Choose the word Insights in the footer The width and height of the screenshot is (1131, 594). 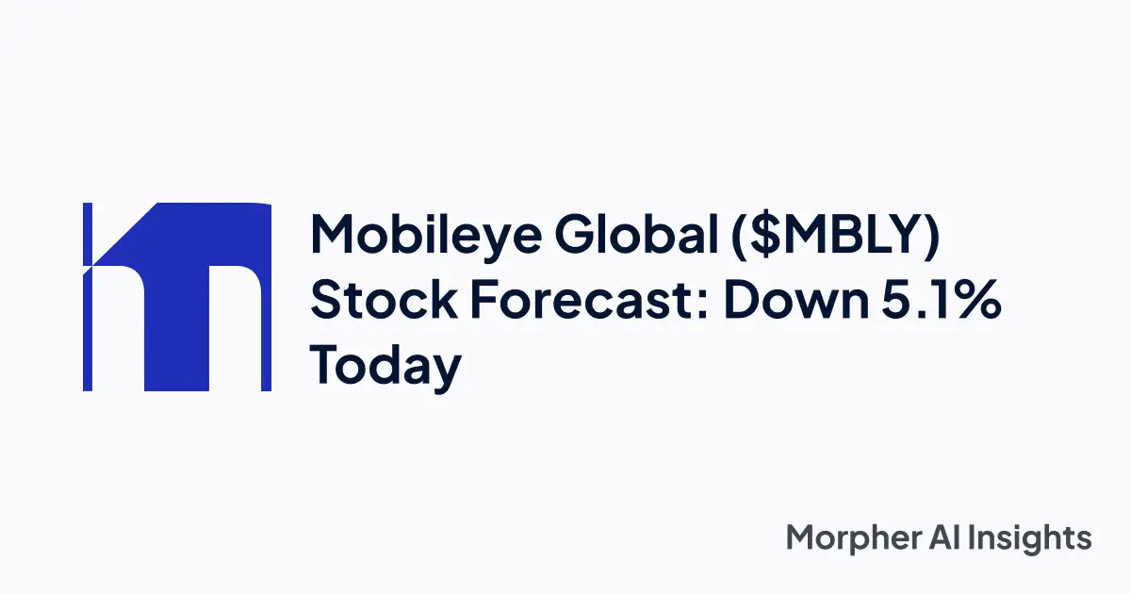point(1037,538)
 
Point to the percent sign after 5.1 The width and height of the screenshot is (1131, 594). point(975,302)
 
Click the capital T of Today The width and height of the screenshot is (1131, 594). point(328,366)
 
